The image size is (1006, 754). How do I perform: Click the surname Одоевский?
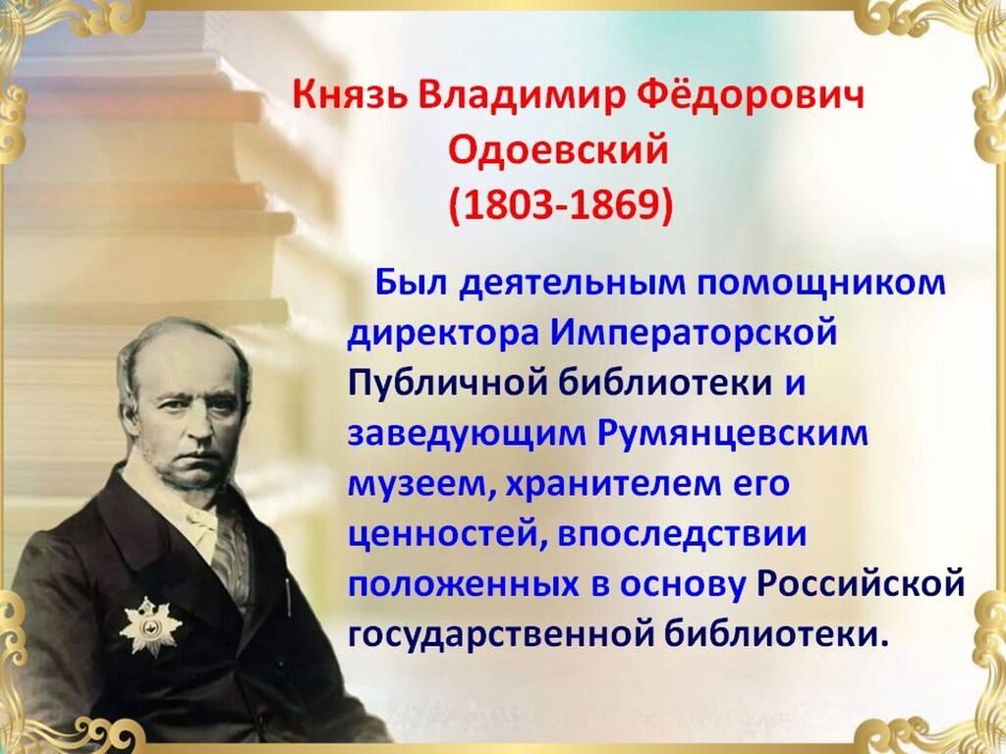click(x=558, y=151)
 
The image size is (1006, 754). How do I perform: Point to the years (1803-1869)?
click(x=561, y=206)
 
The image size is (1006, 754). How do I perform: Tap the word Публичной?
click(x=448, y=384)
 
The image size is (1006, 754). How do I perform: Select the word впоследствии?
click(x=682, y=535)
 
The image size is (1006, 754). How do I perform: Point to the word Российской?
click(x=861, y=584)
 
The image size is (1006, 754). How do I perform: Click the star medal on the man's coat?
click(x=150, y=626)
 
